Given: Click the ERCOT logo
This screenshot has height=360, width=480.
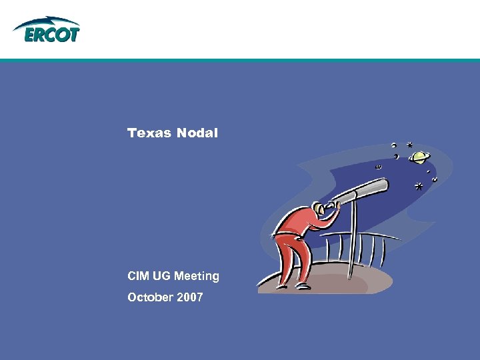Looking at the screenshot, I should click(47, 31).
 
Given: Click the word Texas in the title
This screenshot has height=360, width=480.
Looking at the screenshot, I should click(149, 133).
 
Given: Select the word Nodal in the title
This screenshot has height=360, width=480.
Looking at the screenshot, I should click(197, 133).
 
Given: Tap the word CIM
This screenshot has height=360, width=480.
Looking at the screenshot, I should click(138, 276).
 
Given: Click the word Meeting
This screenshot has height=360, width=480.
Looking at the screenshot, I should click(197, 276).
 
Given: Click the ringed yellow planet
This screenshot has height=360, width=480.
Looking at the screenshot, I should click(420, 157).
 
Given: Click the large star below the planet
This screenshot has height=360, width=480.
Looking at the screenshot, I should click(419, 186).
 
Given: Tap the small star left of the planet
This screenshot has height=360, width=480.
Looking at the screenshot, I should click(409, 144).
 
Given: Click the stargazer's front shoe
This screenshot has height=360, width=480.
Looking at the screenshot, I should click(303, 285).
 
